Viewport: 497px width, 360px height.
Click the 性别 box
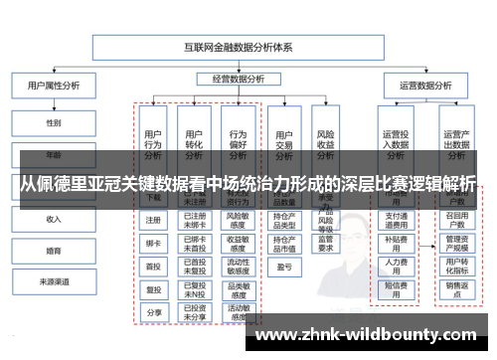[x=53, y=123]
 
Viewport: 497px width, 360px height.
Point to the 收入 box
[x=53, y=218]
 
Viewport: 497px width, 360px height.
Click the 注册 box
[x=153, y=220]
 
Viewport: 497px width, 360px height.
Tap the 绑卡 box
[x=153, y=243]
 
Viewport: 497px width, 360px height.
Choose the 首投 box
[x=153, y=267]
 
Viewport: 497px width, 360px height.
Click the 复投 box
[x=153, y=289]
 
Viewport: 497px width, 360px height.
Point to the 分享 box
[x=153, y=312]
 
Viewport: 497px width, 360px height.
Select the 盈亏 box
[x=283, y=267]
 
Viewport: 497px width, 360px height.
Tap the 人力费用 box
[x=396, y=265]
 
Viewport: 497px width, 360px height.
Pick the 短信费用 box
[x=396, y=288]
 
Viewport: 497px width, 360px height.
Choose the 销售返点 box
[x=457, y=290]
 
